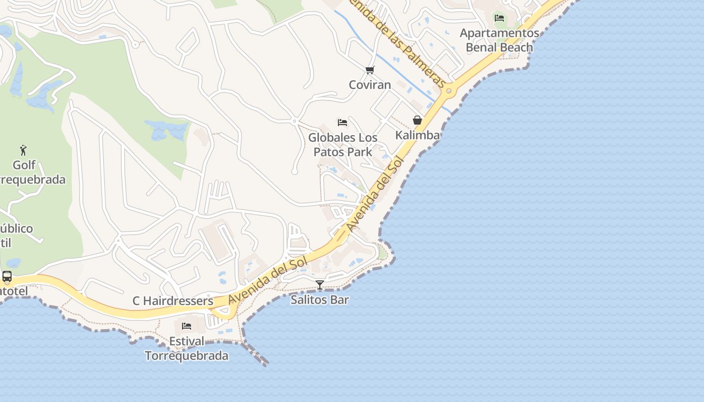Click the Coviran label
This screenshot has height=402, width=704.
click(370, 84)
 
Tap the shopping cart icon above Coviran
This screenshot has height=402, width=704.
click(370, 70)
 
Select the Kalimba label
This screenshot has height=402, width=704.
click(417, 135)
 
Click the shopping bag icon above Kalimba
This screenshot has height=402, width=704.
click(417, 120)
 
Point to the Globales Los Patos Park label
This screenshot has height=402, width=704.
click(343, 145)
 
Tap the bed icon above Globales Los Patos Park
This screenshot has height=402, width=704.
click(342, 123)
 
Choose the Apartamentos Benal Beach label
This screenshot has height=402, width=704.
click(499, 40)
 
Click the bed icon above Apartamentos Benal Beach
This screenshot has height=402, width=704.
click(499, 18)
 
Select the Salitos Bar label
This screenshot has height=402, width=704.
click(320, 300)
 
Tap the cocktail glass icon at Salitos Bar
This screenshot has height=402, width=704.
click(320, 285)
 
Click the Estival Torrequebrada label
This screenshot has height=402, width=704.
click(187, 348)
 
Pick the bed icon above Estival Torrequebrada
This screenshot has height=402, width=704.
click(187, 326)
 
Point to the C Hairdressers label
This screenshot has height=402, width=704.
click(173, 301)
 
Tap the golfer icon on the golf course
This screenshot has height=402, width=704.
click(23, 150)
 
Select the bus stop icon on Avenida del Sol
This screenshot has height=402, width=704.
click(7, 276)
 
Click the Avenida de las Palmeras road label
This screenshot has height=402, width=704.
click(397, 45)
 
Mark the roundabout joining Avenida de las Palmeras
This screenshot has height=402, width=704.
click(449, 91)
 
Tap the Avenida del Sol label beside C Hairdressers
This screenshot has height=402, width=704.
click(268, 281)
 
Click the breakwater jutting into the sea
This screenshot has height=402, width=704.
click(256, 354)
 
